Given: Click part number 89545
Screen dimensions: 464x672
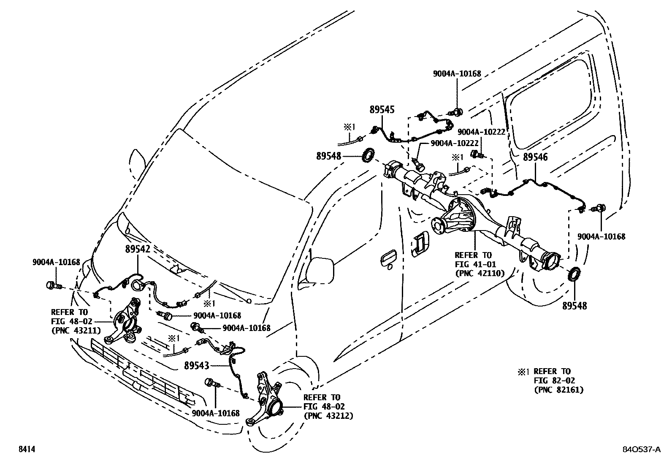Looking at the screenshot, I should (382, 110).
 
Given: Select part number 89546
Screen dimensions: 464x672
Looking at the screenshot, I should (535, 157).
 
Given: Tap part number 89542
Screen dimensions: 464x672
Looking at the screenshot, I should (138, 249).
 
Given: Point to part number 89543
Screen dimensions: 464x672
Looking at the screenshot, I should (197, 366).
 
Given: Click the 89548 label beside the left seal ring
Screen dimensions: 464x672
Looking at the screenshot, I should (328, 156).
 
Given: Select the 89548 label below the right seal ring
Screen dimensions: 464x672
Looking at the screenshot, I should (574, 306).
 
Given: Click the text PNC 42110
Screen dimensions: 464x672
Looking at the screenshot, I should (480, 274).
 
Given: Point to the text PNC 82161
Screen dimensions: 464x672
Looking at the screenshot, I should (558, 390).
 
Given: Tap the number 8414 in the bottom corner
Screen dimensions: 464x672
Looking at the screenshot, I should (26, 450).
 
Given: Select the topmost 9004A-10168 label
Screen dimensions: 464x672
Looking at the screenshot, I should (457, 73).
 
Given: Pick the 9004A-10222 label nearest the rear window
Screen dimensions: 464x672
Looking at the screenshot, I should (481, 132).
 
